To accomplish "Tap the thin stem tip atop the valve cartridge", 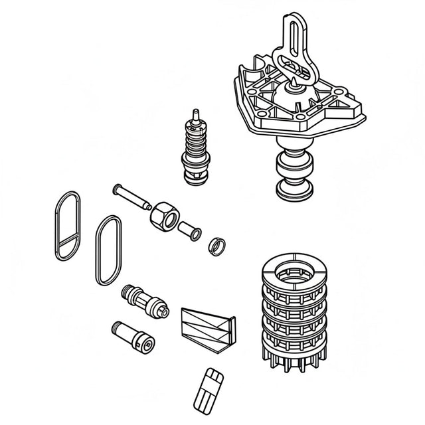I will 195,113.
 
